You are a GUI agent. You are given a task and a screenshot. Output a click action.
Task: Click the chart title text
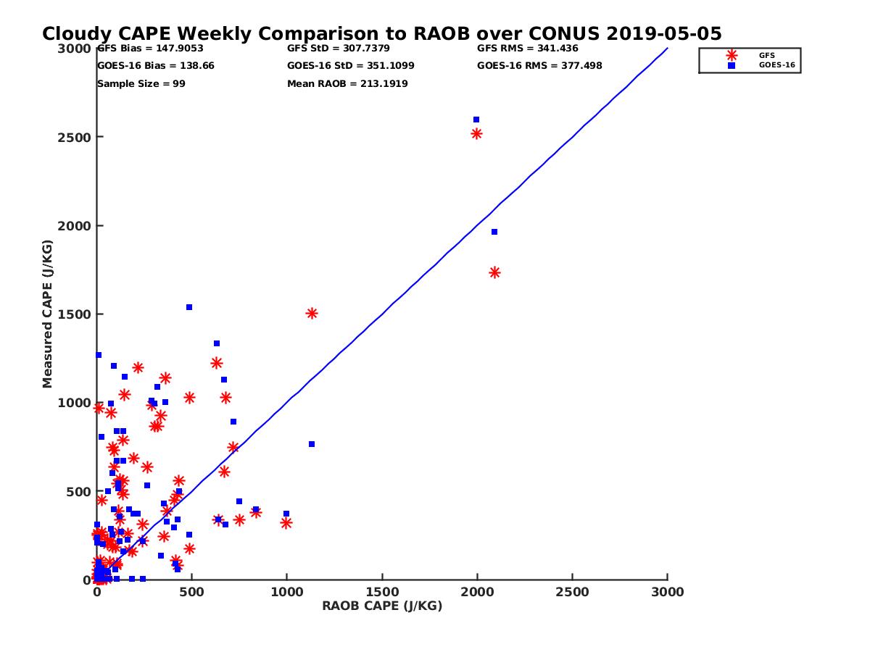point(381,34)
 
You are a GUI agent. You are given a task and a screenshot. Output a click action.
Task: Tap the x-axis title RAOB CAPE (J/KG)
point(382,606)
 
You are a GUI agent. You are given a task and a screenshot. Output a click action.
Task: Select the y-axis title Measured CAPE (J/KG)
point(48,314)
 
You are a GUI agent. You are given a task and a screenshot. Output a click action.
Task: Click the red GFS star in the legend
point(732,55)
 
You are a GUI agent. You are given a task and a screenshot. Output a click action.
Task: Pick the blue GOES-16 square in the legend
point(732,66)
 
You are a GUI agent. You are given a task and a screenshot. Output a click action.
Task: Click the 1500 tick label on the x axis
point(382,592)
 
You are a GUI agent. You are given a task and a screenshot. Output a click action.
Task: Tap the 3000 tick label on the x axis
point(668,592)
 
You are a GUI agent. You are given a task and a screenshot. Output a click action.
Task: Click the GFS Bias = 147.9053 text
point(150,49)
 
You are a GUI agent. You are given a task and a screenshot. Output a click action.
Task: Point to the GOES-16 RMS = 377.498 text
point(539,66)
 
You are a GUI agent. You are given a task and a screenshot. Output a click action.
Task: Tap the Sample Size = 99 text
point(141,84)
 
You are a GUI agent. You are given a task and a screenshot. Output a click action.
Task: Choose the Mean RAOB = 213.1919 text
point(347,84)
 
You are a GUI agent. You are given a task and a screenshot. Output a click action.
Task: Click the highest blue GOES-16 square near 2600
point(476,120)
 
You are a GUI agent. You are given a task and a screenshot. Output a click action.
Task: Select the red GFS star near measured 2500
point(476,133)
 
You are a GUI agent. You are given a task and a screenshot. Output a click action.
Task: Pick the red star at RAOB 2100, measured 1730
point(494,272)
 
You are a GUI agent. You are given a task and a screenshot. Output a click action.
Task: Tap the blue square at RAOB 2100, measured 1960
point(494,232)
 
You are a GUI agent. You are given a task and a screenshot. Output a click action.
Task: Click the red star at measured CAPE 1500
point(312,314)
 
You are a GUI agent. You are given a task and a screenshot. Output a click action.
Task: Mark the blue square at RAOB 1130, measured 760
point(312,444)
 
